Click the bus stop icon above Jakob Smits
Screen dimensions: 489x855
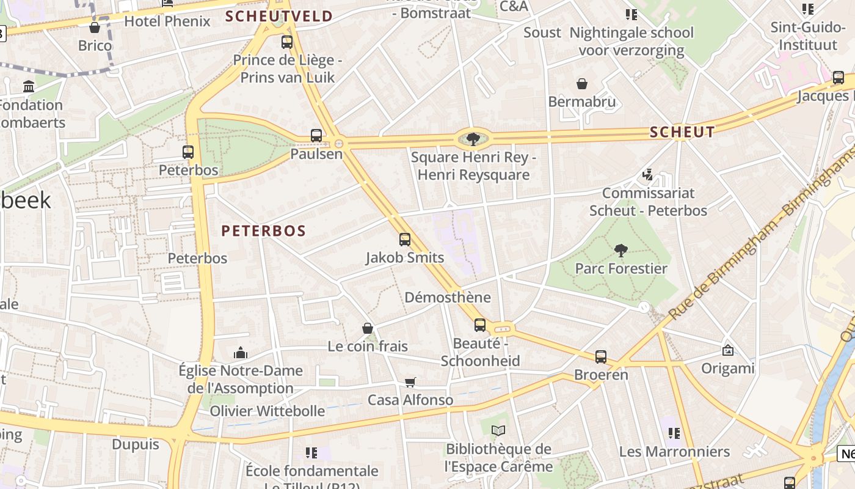(x=404, y=240)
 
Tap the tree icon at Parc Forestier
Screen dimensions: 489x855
(x=621, y=250)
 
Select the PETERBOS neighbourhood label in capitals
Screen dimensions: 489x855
(x=263, y=230)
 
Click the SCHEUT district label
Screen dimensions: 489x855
(x=682, y=132)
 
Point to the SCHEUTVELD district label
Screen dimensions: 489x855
(x=279, y=17)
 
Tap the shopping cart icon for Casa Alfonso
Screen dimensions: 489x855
(x=410, y=382)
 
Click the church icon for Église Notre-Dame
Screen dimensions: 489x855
(x=241, y=353)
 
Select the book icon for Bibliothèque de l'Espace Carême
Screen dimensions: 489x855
(x=498, y=431)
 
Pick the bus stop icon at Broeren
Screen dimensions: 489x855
(x=601, y=356)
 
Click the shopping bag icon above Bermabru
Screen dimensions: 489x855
(x=582, y=84)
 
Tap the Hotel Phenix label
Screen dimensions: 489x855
(x=167, y=21)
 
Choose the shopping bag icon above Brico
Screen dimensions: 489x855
(x=95, y=28)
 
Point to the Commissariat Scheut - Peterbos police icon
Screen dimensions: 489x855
(x=648, y=175)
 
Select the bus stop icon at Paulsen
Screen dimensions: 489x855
(x=316, y=136)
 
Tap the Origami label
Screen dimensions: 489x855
(x=727, y=369)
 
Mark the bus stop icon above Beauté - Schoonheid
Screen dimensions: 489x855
(x=480, y=325)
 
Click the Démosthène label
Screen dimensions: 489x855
(x=448, y=298)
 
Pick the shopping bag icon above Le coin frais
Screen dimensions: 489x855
(x=368, y=329)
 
